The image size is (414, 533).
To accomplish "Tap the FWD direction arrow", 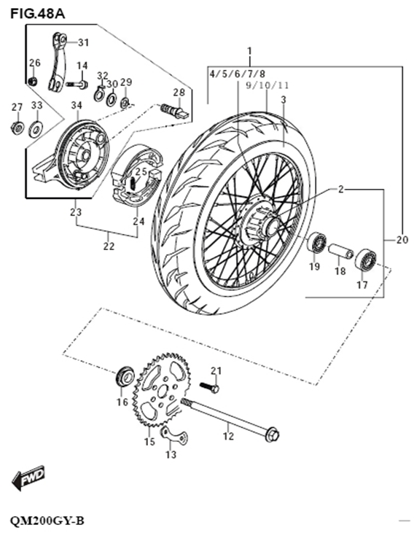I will click(x=28, y=478).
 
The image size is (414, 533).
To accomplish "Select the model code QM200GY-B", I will click(x=47, y=521).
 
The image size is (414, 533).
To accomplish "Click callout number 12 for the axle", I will click(x=228, y=436).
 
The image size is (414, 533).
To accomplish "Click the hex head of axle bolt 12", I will click(x=273, y=436).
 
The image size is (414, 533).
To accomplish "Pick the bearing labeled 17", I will click(x=365, y=259).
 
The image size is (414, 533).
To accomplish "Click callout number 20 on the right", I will click(x=402, y=239).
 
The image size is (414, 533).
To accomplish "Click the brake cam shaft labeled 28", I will click(x=174, y=112).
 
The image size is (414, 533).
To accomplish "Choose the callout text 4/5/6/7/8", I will click(x=237, y=74).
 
